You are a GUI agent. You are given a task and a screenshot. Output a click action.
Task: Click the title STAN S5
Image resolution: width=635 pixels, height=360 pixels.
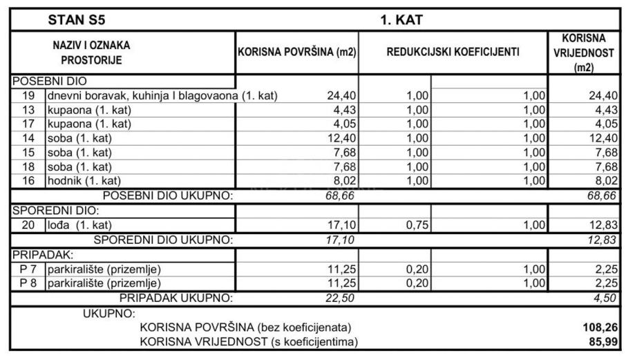click(77, 20)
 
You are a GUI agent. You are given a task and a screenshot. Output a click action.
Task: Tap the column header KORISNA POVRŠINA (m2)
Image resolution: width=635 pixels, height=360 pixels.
click(296, 52)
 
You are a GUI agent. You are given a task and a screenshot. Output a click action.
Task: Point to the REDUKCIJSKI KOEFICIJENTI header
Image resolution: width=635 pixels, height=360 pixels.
click(453, 52)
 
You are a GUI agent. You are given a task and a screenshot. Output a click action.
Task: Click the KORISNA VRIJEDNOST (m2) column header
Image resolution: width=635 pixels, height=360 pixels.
click(584, 52)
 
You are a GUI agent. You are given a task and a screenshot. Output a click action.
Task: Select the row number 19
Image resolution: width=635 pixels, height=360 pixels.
click(28, 95)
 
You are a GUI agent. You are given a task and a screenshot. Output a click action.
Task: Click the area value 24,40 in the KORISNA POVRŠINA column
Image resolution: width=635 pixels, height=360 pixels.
click(341, 95)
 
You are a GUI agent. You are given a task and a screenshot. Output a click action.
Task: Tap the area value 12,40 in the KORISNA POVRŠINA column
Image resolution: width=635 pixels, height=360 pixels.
click(341, 139)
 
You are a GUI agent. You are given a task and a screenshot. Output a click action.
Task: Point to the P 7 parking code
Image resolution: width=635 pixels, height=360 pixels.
click(28, 269)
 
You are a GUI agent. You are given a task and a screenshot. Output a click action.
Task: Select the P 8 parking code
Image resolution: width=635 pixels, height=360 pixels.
click(28, 283)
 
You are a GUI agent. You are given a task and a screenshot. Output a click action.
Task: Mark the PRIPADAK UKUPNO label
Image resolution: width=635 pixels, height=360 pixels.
click(177, 298)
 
